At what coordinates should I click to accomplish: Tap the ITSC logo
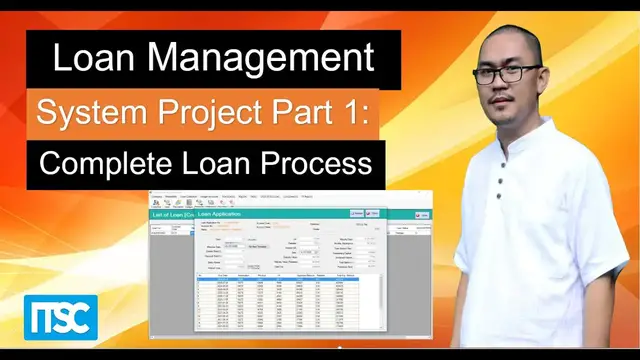(61, 319)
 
